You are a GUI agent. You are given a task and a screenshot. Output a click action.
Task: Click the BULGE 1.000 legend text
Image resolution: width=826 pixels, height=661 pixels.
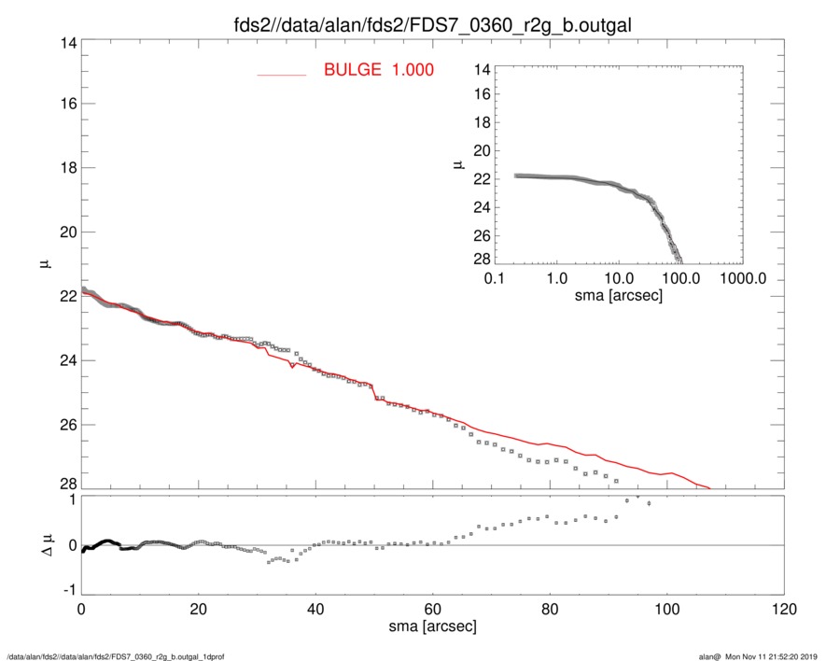378,70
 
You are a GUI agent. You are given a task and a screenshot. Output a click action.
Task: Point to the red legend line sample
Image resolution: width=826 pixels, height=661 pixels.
282,74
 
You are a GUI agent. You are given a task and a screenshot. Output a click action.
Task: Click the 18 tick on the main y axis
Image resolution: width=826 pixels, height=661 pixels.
65,168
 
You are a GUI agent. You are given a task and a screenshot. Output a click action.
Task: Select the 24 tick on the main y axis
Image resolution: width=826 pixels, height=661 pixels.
65,360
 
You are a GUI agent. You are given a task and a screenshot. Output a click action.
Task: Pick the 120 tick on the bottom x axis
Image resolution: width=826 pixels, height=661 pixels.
784,610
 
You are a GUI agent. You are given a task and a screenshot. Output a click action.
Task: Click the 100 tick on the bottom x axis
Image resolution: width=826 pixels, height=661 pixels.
667,610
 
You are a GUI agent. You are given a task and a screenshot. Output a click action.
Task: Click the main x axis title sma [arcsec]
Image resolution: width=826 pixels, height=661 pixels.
433,626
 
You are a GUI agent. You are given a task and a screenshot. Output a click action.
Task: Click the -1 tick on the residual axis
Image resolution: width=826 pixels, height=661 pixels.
67,591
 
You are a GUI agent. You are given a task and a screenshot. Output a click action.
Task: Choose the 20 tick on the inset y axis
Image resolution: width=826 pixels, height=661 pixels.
482,151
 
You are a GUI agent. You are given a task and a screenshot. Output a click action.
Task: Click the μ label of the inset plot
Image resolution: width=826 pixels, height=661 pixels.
458,164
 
